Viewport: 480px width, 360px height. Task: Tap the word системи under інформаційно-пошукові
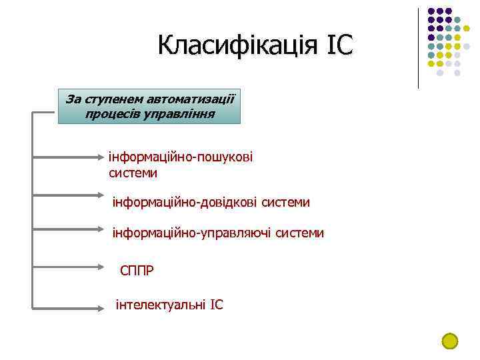(x=133, y=173)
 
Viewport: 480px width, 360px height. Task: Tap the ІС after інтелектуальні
(x=217, y=305)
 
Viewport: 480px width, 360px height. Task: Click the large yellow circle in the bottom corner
(x=450, y=341)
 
